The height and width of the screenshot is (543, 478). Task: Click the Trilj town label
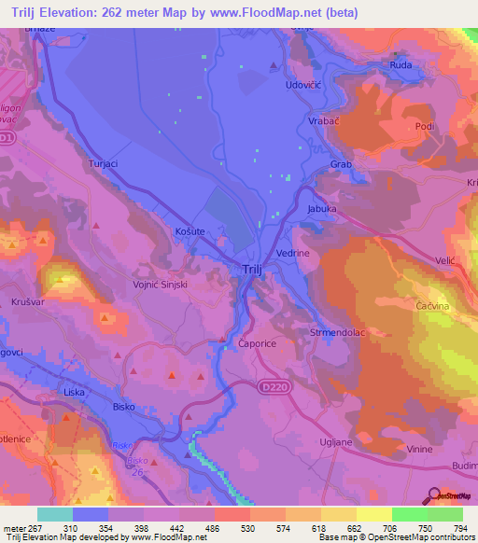coord(241,271)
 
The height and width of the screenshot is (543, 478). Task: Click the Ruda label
coord(401,65)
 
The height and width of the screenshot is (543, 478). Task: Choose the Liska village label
coord(74,392)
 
